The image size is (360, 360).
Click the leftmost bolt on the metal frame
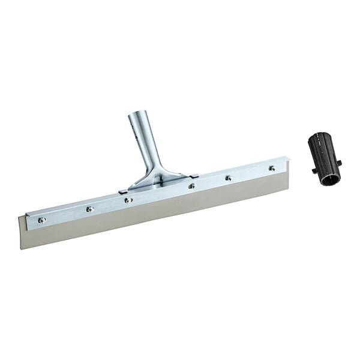pyautogui.click(x=41, y=220)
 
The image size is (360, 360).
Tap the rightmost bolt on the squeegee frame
pyautogui.click(x=272, y=168)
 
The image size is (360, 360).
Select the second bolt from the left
pyautogui.click(x=89, y=209)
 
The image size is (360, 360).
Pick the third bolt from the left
pyautogui.click(x=128, y=200)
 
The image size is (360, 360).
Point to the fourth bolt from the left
pyautogui.click(x=191, y=186)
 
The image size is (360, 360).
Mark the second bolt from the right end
pyautogui.click(x=228, y=178)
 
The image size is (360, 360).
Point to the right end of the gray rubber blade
pyautogui.click(x=284, y=180)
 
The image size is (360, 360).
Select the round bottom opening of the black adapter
pyautogui.click(x=330, y=178)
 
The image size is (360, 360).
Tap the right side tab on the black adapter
pyautogui.click(x=340, y=162)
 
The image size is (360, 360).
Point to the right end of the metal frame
pyautogui.click(x=287, y=161)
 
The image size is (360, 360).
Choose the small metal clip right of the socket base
pyautogui.click(x=193, y=176)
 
